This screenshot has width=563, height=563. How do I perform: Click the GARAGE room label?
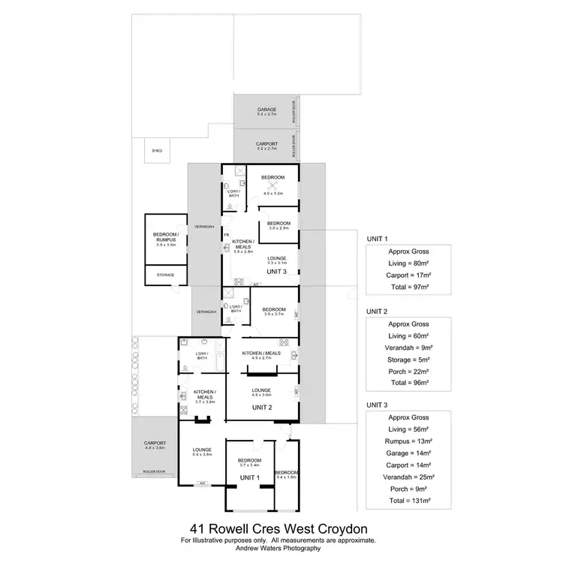pos(267,110)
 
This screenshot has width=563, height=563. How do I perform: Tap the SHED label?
pos(157,150)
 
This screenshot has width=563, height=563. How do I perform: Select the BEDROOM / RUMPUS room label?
pos(165,239)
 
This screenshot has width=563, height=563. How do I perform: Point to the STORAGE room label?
pos(165,275)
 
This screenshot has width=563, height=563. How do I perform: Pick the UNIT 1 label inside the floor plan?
pos(249,477)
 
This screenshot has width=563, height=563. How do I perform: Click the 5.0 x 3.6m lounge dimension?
pos(202,455)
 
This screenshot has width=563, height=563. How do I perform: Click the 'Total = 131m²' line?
pos(410,501)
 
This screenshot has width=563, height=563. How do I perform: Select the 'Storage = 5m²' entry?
pos(410,359)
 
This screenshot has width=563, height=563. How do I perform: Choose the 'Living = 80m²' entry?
pos(410,263)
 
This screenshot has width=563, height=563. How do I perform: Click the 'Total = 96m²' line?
pos(410,382)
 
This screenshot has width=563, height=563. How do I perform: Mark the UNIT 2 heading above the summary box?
pos(377,311)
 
